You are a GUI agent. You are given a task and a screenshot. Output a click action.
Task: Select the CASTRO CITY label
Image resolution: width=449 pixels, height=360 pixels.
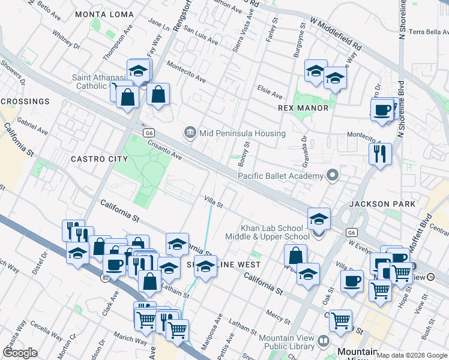tap(99, 159)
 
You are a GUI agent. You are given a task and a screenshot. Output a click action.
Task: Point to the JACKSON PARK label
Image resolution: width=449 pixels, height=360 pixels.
tap(382, 204)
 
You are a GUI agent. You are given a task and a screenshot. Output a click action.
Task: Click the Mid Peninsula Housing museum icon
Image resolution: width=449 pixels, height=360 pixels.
tap(190, 133)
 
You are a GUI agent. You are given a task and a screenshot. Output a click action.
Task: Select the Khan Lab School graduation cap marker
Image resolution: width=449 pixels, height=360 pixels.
tap(319, 219)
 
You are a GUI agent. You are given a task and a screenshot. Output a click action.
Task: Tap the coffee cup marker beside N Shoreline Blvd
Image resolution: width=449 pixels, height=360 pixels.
tap(382, 110)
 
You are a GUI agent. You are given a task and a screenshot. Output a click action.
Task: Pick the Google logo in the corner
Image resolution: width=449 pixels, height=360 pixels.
tap(20, 353)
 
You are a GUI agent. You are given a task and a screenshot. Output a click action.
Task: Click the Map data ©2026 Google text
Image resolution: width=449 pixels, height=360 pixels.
tap(412, 355)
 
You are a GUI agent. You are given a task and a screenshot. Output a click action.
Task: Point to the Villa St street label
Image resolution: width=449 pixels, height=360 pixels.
tap(213, 202)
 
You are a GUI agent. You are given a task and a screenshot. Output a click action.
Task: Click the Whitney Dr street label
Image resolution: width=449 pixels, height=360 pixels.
tap(66, 40)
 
